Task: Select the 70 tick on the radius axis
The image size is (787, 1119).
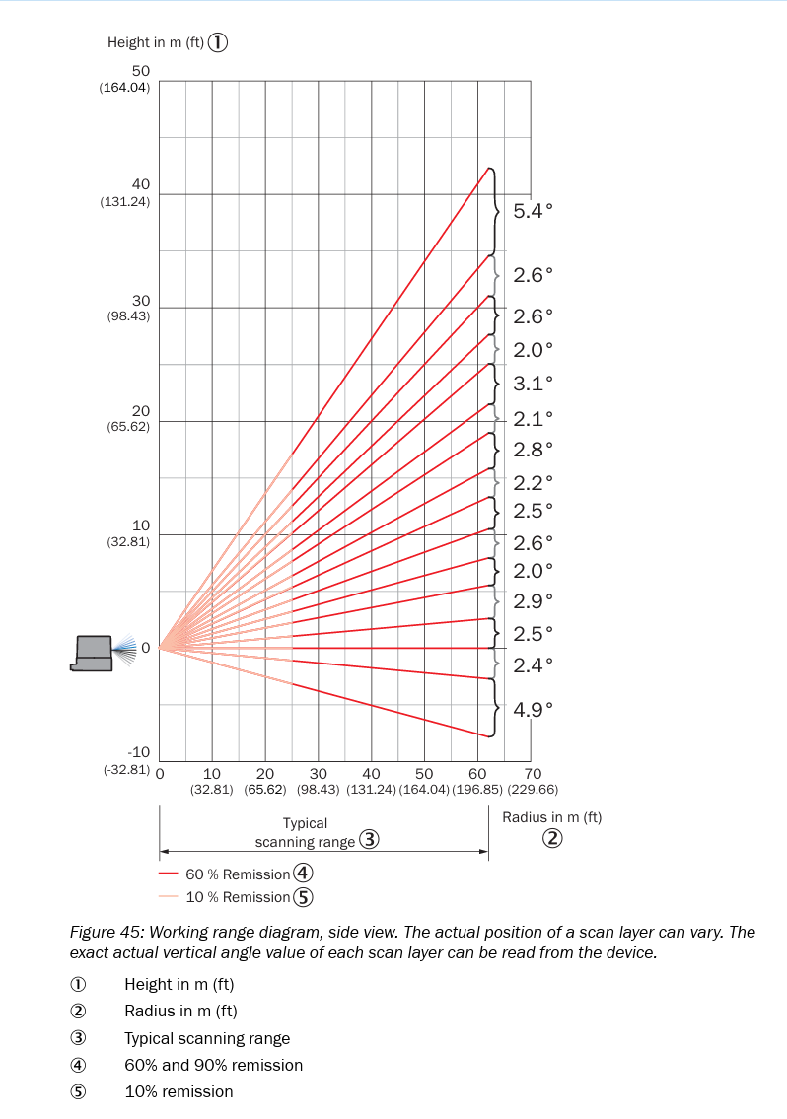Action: [533, 773]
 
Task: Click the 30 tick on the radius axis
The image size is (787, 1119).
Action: [318, 773]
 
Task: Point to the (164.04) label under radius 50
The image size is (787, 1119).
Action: [424, 790]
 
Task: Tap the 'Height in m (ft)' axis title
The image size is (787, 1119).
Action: [155, 42]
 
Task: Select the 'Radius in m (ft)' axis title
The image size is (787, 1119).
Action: [551, 817]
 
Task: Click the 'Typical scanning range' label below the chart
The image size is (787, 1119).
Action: [306, 832]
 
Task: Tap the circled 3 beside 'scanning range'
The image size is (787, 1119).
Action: [369, 841]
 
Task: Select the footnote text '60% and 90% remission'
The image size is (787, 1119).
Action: [213, 1065]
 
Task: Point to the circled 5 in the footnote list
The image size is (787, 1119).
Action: [78, 1091]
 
